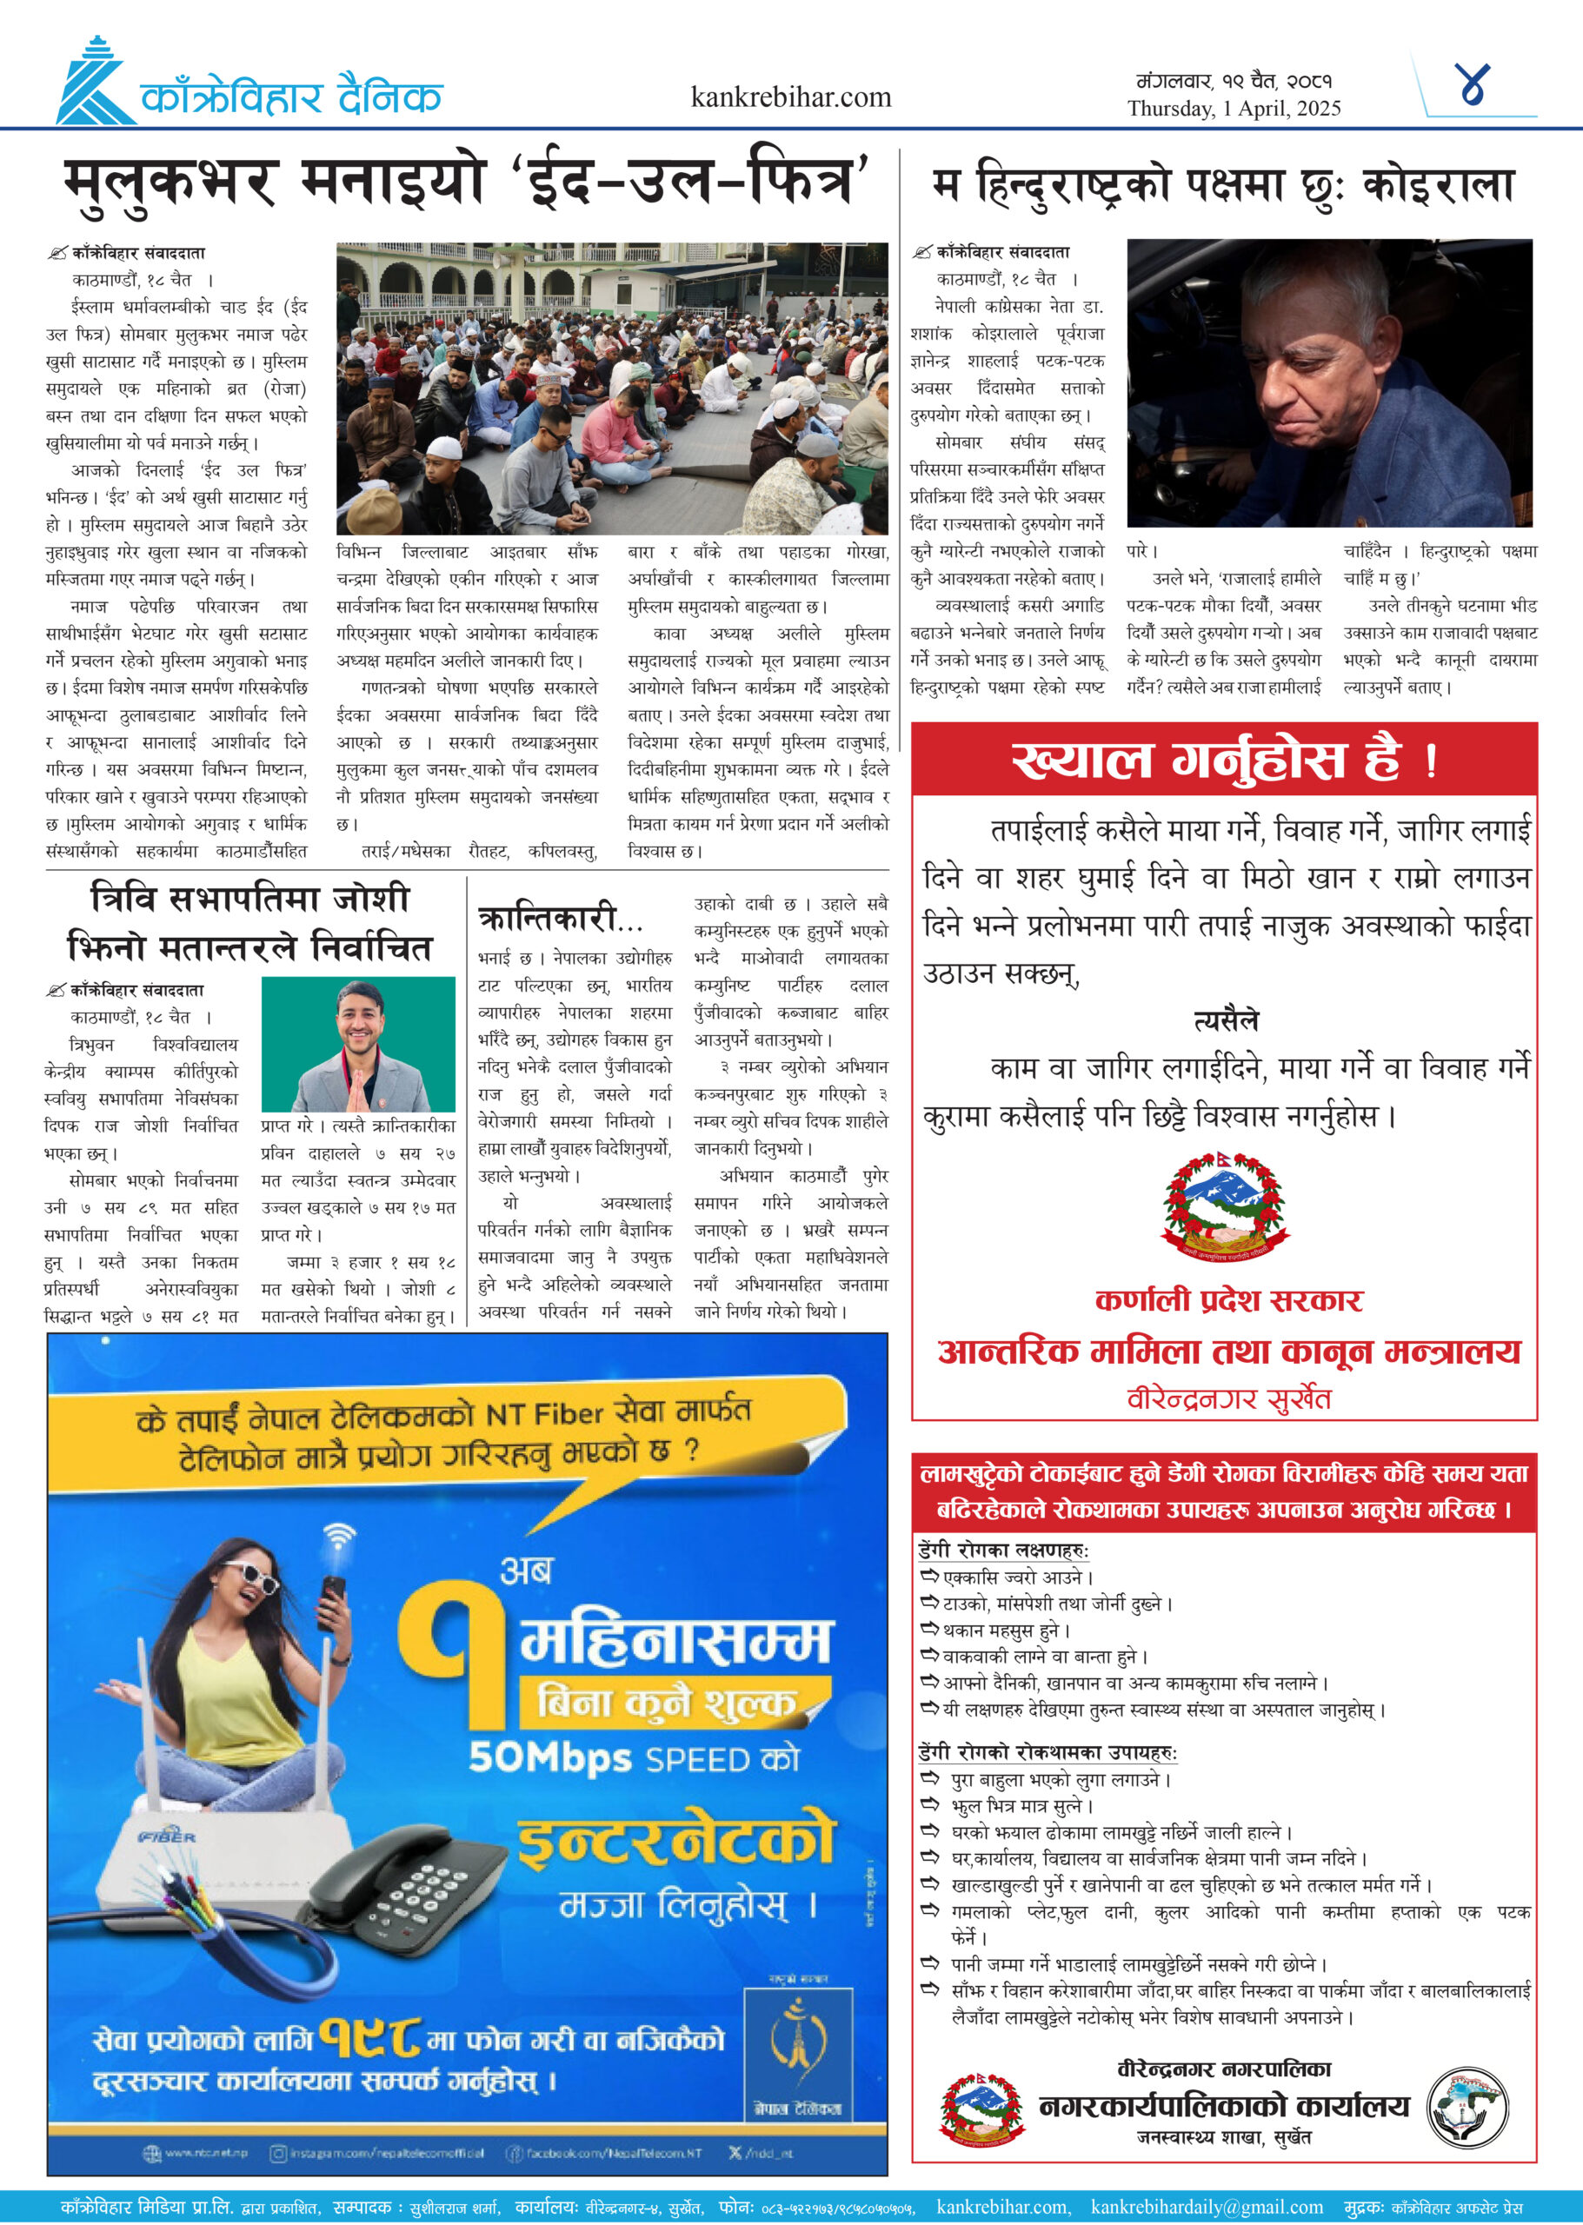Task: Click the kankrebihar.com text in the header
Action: click(x=790, y=97)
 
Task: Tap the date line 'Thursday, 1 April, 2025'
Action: click(x=1234, y=108)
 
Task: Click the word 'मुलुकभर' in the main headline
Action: click(x=171, y=184)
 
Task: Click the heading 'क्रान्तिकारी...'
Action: click(x=560, y=918)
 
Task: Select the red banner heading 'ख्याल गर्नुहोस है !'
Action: click(x=1222, y=760)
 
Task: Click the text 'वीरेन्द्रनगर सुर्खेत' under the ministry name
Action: click(x=1228, y=1398)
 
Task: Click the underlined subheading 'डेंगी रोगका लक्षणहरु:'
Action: click(x=1003, y=1550)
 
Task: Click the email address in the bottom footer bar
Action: click(x=1206, y=2207)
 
